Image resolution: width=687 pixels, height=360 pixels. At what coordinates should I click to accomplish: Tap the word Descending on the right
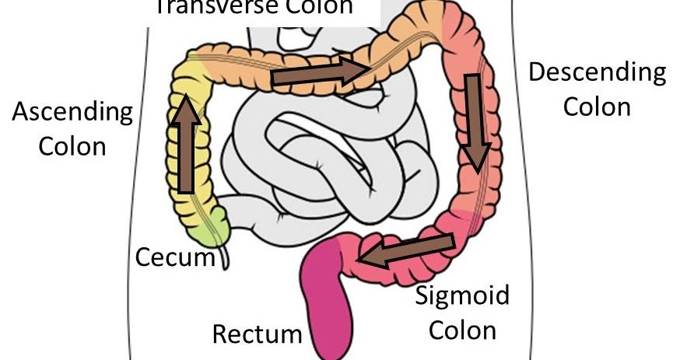(597, 72)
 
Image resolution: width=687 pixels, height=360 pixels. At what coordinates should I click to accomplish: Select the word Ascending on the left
(72, 112)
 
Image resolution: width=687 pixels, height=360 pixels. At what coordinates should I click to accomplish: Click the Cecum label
(174, 257)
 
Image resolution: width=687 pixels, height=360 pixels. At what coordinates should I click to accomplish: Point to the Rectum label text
(257, 334)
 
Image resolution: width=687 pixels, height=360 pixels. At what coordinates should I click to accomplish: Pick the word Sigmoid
(462, 295)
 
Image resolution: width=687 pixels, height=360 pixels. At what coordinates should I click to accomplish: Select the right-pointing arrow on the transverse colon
(320, 73)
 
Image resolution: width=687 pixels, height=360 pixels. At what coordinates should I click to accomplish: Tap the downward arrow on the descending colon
(474, 121)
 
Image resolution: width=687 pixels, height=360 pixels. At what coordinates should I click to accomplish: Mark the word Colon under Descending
(597, 106)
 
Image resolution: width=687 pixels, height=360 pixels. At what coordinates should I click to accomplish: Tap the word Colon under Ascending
(72, 145)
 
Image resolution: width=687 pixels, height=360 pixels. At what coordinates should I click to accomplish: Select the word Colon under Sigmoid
(462, 330)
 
